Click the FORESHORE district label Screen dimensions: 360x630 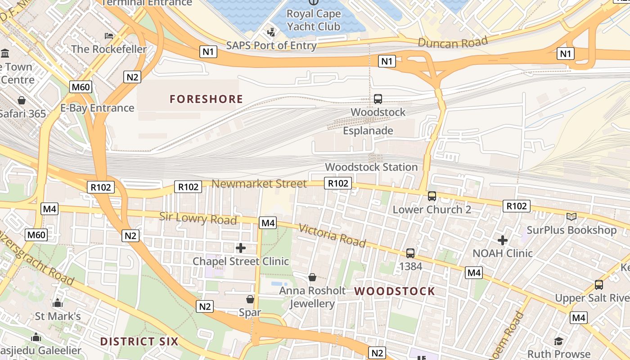pyautogui.click(x=206, y=99)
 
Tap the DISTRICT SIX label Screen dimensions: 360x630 pyautogui.click(x=139, y=341)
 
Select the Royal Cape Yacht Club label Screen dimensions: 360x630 pyautogui.click(x=313, y=20)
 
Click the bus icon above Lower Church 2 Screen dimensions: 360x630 pyautogui.click(x=432, y=196)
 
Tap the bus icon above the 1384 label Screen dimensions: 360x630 pyautogui.click(x=410, y=253)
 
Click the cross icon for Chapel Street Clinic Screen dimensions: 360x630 pyautogui.click(x=241, y=248)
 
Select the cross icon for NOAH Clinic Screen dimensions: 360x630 pyautogui.click(x=503, y=240)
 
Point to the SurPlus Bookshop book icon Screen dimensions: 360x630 pyautogui.click(x=571, y=217)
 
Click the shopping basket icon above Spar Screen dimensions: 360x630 pyautogui.click(x=250, y=299)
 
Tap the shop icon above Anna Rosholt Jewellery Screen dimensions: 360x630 pyautogui.click(x=312, y=277)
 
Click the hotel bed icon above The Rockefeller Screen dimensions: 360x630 pyautogui.click(x=109, y=36)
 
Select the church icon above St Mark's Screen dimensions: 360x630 pyautogui.click(x=58, y=303)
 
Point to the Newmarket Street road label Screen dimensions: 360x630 pyautogui.click(x=259, y=184)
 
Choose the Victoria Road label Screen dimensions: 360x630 pyautogui.click(x=332, y=235)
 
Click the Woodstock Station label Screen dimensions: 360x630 pyautogui.click(x=371, y=167)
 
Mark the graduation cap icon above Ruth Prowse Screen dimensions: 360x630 pyautogui.click(x=558, y=341)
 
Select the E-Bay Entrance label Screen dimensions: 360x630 pyautogui.click(x=97, y=108)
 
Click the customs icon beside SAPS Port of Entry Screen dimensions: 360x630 pyautogui.click(x=271, y=32)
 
